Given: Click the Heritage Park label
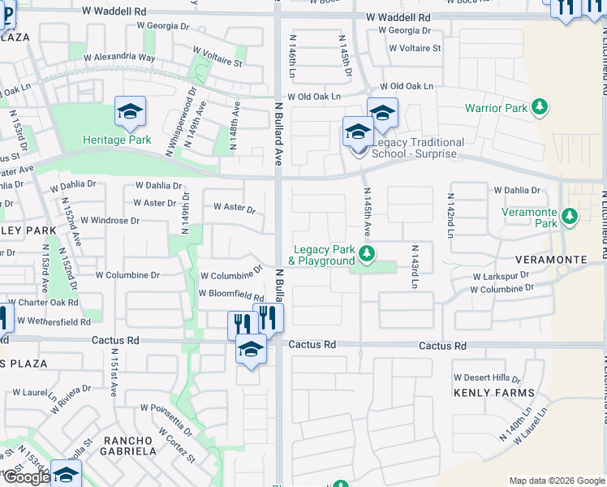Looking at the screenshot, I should pos(117,140).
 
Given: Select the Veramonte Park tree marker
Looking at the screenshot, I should pos(570,216).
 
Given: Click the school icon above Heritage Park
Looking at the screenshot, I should pos(130,113).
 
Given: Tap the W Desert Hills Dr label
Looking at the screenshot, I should pos(487,377).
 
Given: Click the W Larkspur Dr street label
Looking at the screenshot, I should pos(501,276).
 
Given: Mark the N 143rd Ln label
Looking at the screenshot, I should pos(414,267).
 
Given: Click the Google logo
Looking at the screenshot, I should pos(26,477).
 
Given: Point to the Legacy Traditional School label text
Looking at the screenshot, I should pos(418,148).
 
